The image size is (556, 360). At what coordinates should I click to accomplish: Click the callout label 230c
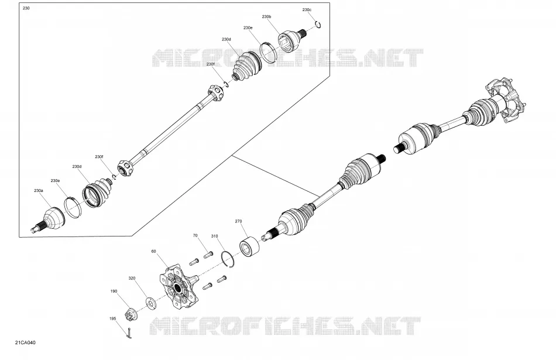[307, 10]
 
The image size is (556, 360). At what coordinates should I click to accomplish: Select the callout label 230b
[267, 16]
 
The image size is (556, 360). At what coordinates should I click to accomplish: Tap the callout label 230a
[39, 190]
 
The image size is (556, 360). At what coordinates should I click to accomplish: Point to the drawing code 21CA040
[25, 342]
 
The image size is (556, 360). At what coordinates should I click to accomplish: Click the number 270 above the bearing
[238, 221]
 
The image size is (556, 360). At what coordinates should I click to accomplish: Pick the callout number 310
[215, 236]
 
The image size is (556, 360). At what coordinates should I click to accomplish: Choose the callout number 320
[132, 279]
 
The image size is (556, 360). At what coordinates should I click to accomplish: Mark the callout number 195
[113, 318]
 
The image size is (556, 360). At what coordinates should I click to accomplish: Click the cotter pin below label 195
[129, 333]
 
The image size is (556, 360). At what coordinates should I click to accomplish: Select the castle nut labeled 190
[132, 314]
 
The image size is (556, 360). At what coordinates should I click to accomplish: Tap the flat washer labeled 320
[151, 303]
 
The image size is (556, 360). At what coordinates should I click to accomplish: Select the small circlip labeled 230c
[320, 25]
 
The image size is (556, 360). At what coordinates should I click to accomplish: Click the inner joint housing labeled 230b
[290, 38]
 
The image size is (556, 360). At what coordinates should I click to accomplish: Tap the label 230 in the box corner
[26, 8]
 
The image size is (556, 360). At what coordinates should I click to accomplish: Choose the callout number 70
[195, 235]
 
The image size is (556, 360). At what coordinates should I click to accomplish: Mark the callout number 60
[153, 251]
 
